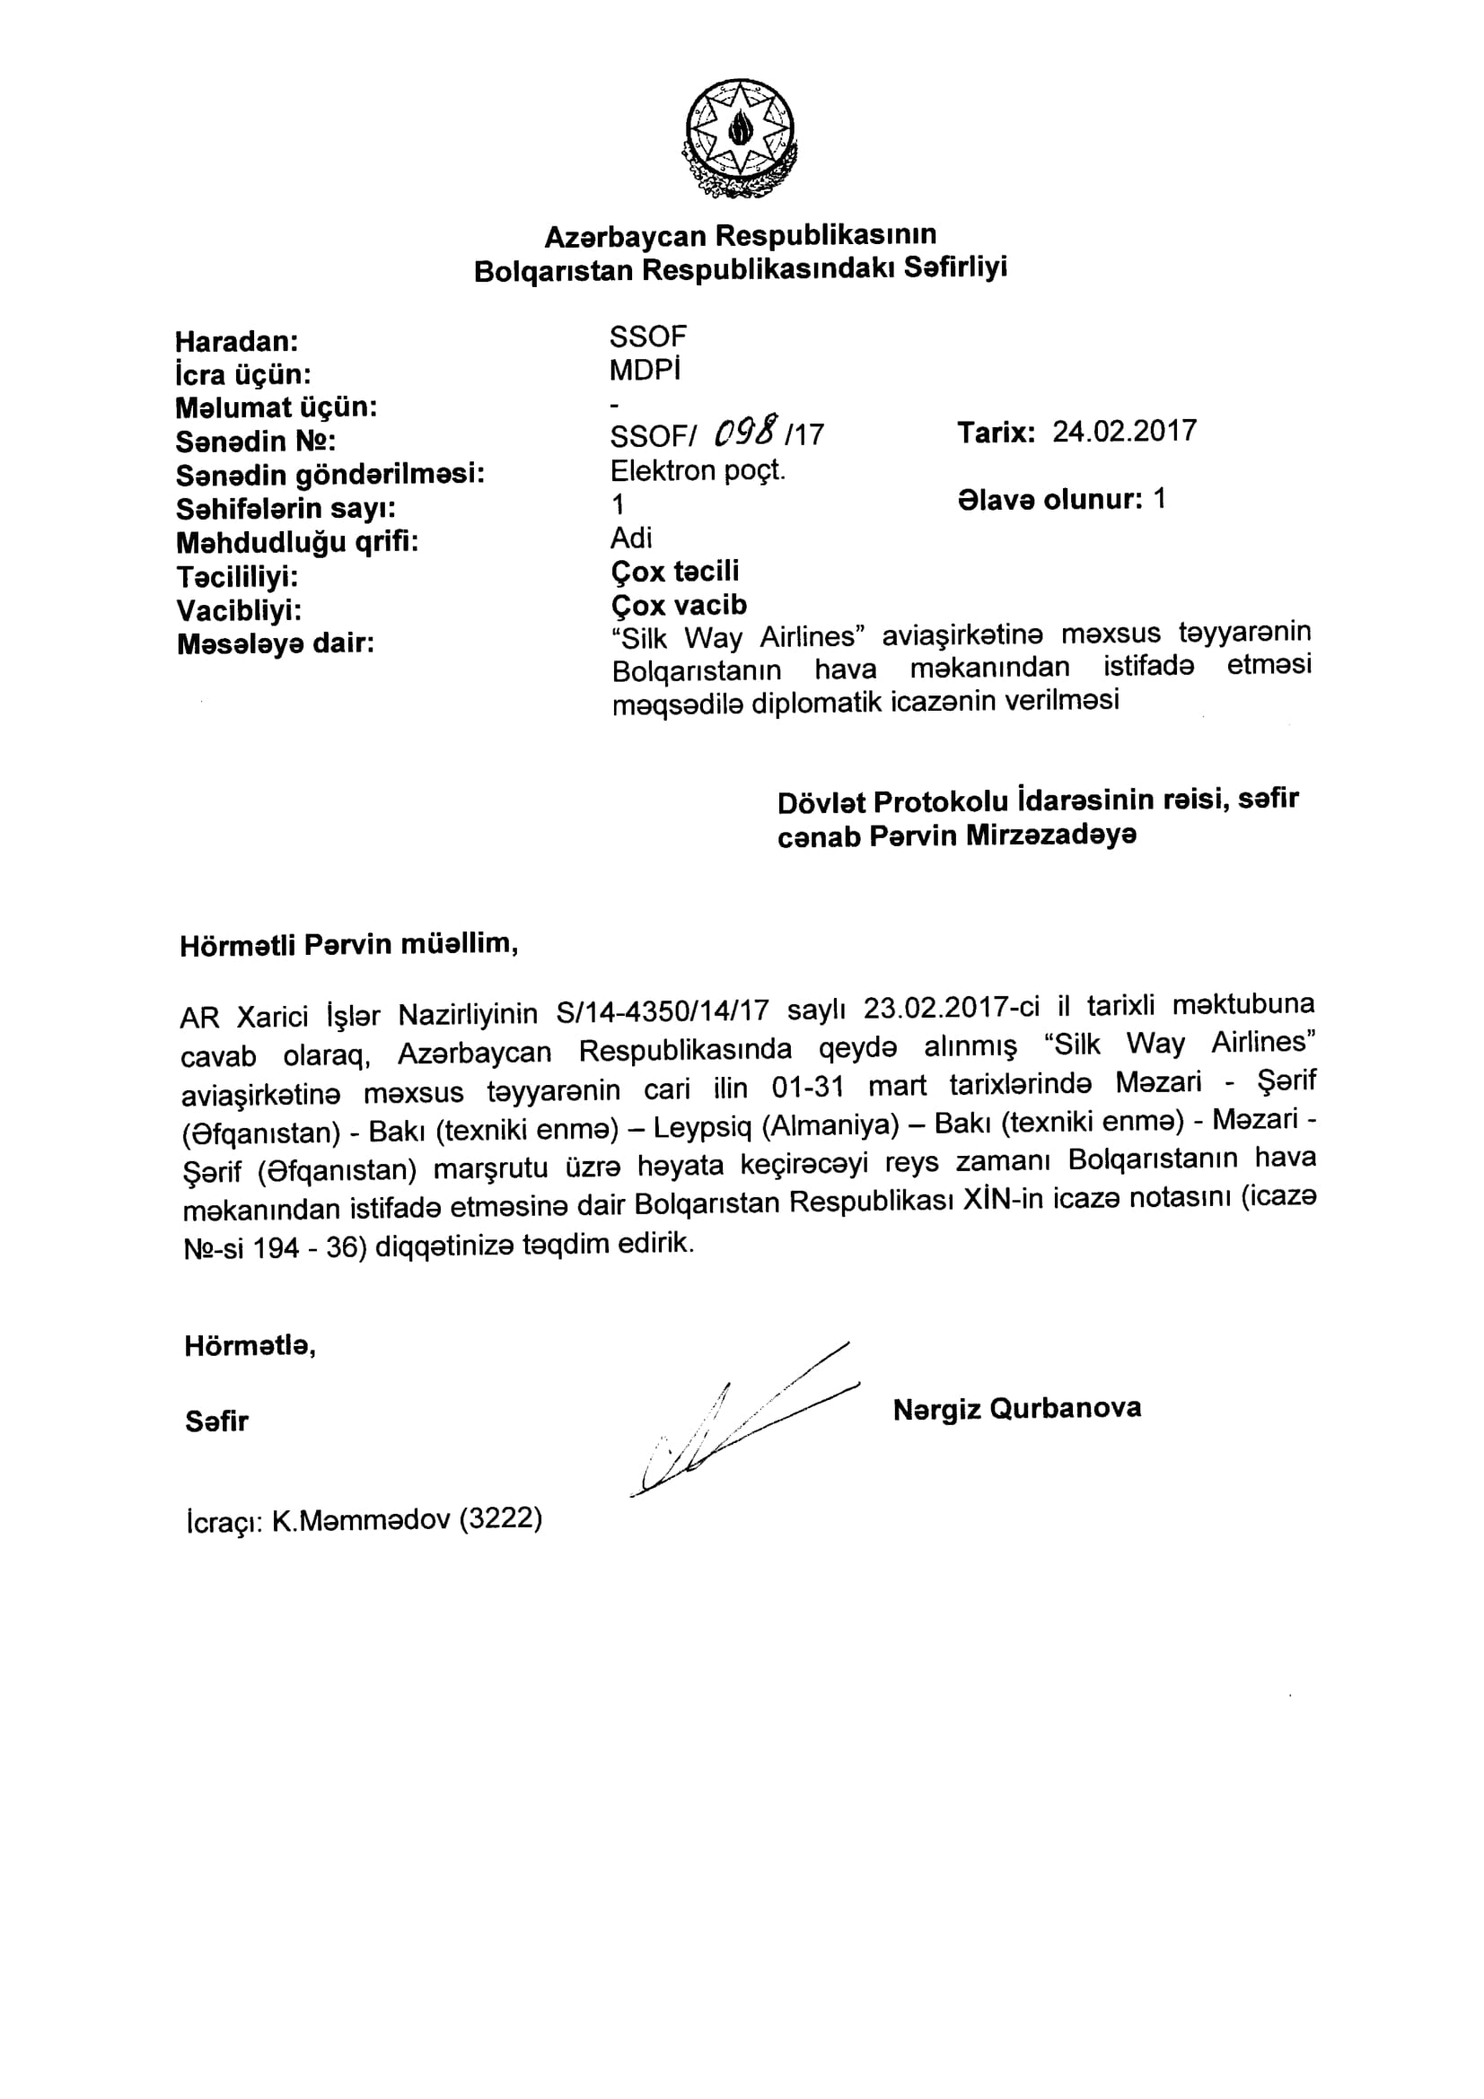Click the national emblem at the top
740,137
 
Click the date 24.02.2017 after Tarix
1124,432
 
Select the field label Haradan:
237,342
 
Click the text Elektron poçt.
698,471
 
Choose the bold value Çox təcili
675,572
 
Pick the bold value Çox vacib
679,605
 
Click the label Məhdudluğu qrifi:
296,543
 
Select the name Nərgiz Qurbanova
1017,1409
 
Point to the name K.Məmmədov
361,1519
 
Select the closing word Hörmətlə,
250,1347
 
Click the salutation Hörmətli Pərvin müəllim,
349,944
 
